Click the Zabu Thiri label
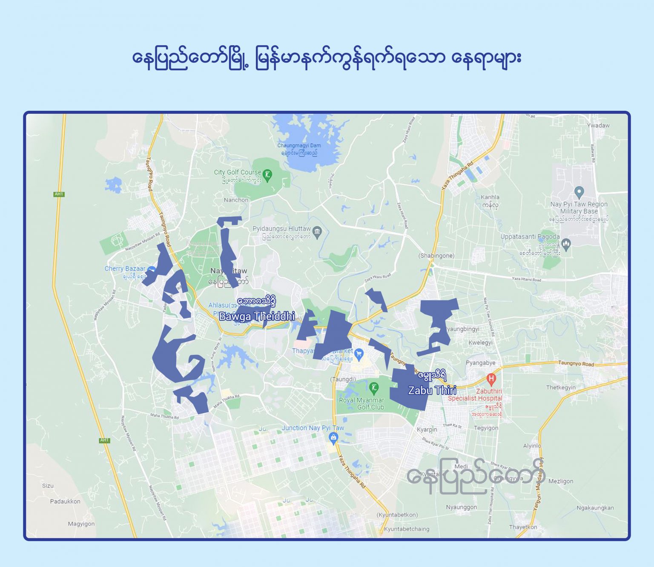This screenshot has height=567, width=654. click(x=432, y=390)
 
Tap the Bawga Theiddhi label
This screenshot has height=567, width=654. click(x=257, y=316)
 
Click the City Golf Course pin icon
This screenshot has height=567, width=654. click(x=267, y=175)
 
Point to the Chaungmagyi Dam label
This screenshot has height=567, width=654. click(x=299, y=146)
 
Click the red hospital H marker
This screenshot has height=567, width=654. click(x=491, y=378)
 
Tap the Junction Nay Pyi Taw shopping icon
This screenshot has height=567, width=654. click(x=333, y=437)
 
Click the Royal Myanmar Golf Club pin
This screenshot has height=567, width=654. click(x=373, y=388)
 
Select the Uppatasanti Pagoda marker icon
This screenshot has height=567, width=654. click(x=566, y=244)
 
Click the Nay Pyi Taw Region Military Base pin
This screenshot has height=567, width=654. click(x=579, y=192)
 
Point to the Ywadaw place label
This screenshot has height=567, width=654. click(x=598, y=126)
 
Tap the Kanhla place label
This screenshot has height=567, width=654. click(x=490, y=197)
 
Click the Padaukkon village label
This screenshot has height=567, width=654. click(x=65, y=501)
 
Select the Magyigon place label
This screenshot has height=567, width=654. click(x=81, y=524)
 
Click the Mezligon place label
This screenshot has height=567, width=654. click(x=561, y=481)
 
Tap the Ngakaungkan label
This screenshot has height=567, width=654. click(x=595, y=508)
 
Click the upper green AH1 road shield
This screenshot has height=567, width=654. click(x=59, y=194)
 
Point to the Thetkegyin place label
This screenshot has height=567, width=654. click(x=561, y=388)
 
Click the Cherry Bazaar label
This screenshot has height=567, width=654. click(x=125, y=269)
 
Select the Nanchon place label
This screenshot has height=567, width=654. click(x=236, y=200)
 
